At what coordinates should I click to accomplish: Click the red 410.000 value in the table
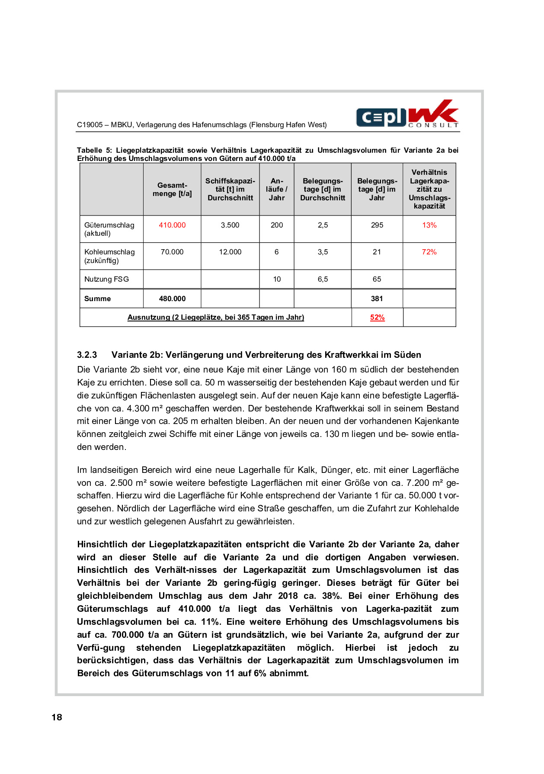[x=172, y=225]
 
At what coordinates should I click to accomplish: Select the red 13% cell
[x=429, y=225]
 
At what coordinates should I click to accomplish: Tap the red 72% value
[x=429, y=252]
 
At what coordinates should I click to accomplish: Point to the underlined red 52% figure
[x=377, y=317]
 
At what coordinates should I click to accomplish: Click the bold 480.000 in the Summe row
[x=172, y=299]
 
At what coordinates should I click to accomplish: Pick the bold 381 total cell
[x=377, y=299]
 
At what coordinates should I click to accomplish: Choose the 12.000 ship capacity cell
[x=230, y=252]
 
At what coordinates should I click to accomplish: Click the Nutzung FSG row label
[x=106, y=279]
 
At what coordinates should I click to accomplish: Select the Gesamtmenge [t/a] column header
[x=172, y=189]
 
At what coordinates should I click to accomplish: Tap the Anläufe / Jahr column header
[x=277, y=189]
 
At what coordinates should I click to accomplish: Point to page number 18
[x=57, y=717]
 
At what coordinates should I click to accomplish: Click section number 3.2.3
[x=87, y=355]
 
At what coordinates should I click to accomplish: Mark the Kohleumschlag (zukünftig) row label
[x=109, y=256]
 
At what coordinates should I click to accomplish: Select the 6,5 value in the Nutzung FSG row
[x=323, y=279]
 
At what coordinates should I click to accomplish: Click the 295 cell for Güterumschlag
[x=377, y=225]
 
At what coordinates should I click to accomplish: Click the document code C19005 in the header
[x=90, y=125]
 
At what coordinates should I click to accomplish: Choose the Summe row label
[x=97, y=299]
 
